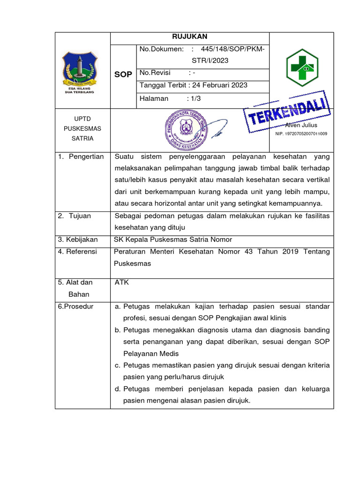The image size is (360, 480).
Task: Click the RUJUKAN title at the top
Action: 190,37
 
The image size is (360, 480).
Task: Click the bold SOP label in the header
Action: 123,75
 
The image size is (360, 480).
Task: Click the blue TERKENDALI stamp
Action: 287,111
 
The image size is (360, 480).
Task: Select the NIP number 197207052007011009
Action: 301,134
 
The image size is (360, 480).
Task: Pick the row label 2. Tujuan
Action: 75,216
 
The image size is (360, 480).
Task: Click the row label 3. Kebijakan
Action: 78,240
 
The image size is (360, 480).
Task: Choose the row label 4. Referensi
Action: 77,252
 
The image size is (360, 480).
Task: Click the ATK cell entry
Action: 121,282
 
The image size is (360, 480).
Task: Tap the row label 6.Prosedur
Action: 76,307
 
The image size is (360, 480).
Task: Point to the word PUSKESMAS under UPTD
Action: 82,128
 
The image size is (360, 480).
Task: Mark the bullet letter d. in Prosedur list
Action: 117,389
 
